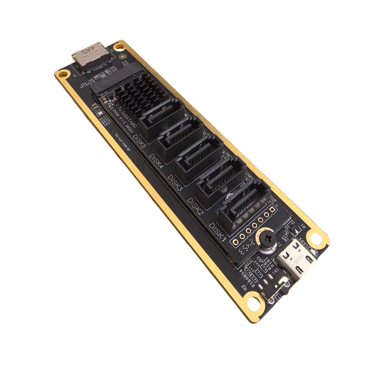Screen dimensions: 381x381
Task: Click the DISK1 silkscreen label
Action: [217, 232]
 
